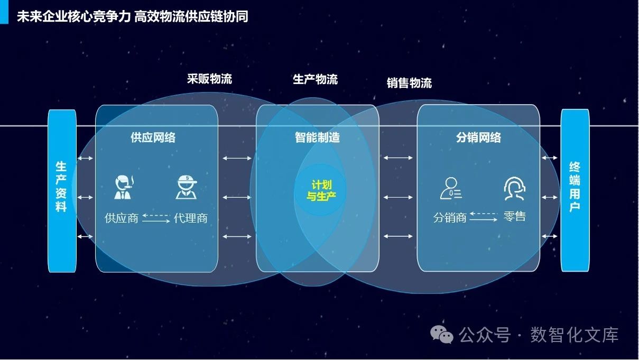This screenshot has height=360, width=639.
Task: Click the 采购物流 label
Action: (x=209, y=79)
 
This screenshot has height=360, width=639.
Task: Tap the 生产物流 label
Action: (x=315, y=80)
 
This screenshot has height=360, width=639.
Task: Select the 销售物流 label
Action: (x=409, y=83)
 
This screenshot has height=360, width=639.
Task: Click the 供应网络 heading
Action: (x=153, y=138)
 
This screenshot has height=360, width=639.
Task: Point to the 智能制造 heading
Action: (x=317, y=138)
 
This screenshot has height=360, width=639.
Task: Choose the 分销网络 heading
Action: (x=478, y=138)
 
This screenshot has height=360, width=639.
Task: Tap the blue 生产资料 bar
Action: (x=61, y=190)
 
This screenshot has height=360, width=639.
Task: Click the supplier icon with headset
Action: (x=124, y=187)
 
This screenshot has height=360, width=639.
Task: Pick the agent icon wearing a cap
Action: (x=186, y=187)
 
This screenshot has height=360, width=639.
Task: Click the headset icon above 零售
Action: (x=514, y=189)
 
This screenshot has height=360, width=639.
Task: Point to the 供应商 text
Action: (x=121, y=218)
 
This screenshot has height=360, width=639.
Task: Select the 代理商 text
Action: (x=190, y=218)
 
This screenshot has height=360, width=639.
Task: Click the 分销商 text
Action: (x=450, y=217)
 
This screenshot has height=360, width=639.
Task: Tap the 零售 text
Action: (x=514, y=217)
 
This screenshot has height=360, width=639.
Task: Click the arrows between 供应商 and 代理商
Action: (x=156, y=218)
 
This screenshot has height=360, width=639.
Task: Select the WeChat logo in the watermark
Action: (x=441, y=335)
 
